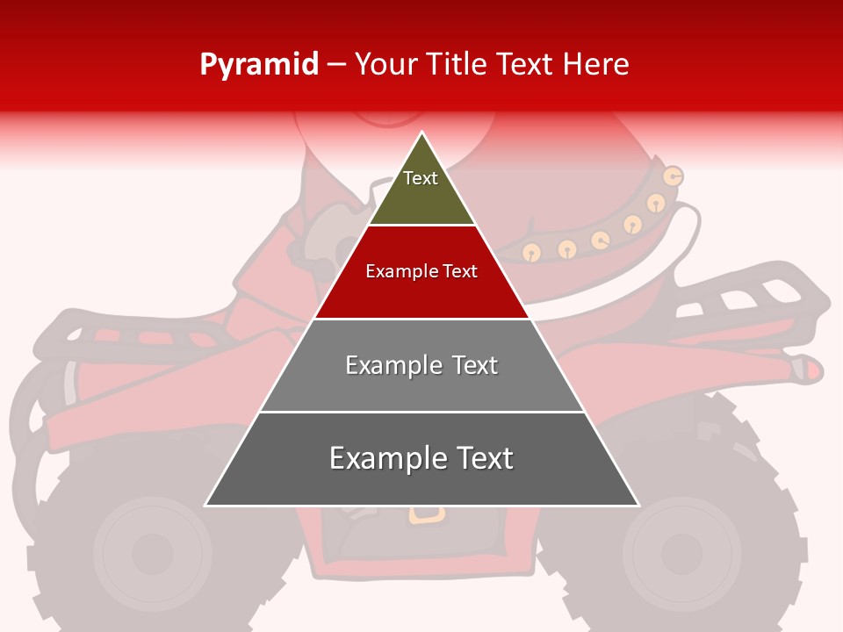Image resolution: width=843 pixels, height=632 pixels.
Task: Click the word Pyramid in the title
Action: (258, 65)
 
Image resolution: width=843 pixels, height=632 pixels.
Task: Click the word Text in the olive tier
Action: (421, 178)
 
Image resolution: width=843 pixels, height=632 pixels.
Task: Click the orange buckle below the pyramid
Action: (426, 513)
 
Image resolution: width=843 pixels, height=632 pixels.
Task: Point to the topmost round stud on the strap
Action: (674, 176)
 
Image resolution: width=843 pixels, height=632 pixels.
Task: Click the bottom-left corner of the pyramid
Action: (205, 506)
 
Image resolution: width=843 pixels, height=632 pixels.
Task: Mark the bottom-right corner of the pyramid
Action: (638, 506)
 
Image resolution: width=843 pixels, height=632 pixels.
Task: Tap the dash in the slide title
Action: (335, 65)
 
